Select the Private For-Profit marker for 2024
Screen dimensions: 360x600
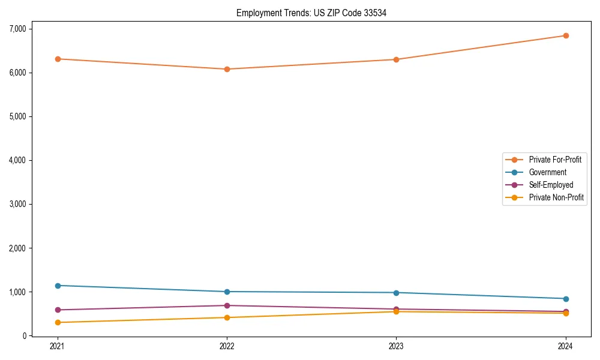click(565, 35)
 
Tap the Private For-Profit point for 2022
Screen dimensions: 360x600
click(227, 69)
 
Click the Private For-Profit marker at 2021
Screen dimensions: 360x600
click(58, 59)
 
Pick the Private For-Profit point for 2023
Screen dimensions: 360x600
click(396, 59)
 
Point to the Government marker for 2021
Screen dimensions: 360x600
click(58, 286)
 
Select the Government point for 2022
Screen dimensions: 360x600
click(227, 292)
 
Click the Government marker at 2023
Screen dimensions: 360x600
click(396, 293)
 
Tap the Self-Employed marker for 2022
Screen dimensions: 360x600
click(227, 305)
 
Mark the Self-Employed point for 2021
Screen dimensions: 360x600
click(58, 310)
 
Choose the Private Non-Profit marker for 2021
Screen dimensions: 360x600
click(58, 322)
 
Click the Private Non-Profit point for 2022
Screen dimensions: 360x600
click(227, 317)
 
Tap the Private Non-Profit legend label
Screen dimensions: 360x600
click(556, 197)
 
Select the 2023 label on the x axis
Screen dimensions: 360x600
click(396, 346)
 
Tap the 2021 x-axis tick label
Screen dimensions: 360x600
click(58, 346)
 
